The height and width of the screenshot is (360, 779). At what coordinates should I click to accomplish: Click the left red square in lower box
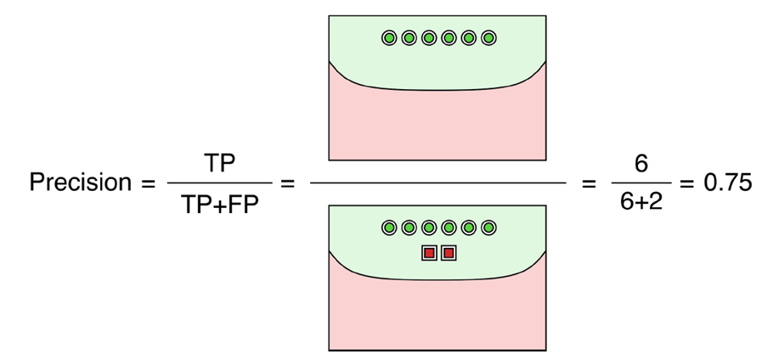click(429, 252)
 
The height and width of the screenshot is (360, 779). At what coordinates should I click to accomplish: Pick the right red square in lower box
click(449, 252)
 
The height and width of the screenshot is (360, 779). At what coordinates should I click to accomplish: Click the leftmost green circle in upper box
click(388, 38)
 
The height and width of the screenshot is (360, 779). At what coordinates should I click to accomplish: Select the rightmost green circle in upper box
click(488, 38)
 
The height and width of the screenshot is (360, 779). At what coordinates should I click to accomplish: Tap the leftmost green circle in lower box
click(388, 228)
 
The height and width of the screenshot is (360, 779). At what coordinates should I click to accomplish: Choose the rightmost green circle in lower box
click(488, 228)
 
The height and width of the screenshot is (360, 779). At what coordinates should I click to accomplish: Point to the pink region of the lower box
click(437, 314)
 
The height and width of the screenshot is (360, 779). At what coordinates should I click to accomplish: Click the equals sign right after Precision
click(145, 183)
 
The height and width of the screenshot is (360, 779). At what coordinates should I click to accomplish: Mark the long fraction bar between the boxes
click(437, 183)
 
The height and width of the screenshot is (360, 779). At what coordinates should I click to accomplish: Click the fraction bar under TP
click(219, 183)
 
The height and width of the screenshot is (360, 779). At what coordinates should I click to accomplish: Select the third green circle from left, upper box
click(428, 38)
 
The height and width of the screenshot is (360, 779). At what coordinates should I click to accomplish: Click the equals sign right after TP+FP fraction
click(286, 183)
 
